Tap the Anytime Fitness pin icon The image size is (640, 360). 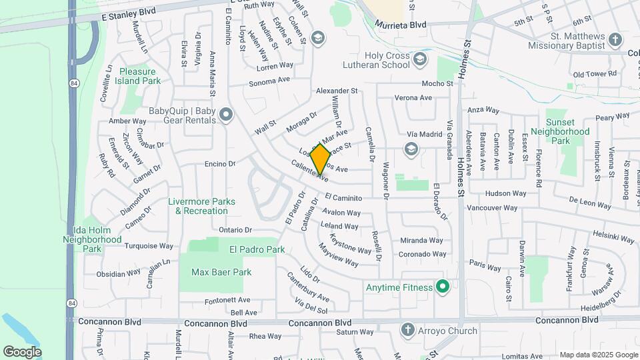pyautogui.click(x=441, y=288)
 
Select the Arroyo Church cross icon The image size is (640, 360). pyautogui.click(x=408, y=330)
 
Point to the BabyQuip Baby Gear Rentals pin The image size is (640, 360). pyautogui.click(x=225, y=115)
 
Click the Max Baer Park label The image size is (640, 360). pyautogui.click(x=221, y=272)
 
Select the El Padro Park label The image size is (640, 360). pyautogui.click(x=257, y=249)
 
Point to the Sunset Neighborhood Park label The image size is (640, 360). pyautogui.click(x=568, y=131)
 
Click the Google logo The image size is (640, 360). pyautogui.click(x=22, y=351)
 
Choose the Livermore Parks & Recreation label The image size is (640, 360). pyautogui.click(x=201, y=206)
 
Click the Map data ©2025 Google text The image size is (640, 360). pyautogui.click(x=598, y=355)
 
